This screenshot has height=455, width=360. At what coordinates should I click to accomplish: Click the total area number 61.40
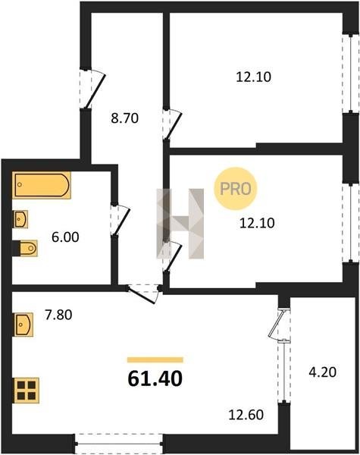(x=155, y=378)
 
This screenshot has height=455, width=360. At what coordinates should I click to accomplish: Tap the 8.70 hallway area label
(x=125, y=118)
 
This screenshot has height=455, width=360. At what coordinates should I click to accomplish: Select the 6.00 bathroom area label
(x=65, y=237)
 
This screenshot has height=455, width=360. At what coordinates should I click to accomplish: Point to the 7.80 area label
(x=58, y=315)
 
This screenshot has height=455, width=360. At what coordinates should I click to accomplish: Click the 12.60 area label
(x=246, y=415)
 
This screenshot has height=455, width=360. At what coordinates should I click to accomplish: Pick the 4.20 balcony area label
(x=323, y=372)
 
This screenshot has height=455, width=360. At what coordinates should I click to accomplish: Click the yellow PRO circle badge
(x=236, y=189)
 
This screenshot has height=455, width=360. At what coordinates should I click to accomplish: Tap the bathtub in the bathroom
(x=42, y=185)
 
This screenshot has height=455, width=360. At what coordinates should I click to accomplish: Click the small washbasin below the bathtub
(x=20, y=219)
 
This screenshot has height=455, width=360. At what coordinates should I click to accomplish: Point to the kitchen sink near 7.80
(x=23, y=325)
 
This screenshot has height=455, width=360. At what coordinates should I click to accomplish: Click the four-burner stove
(x=26, y=391)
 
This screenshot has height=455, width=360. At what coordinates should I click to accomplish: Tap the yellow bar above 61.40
(x=155, y=359)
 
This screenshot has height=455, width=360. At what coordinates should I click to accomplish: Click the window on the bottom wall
(x=119, y=444)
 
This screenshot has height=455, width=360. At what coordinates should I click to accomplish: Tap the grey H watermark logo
(x=180, y=224)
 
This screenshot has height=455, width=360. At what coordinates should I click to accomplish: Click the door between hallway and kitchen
(x=144, y=293)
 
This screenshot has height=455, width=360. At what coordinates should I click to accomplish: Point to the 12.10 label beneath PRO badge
(x=257, y=223)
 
